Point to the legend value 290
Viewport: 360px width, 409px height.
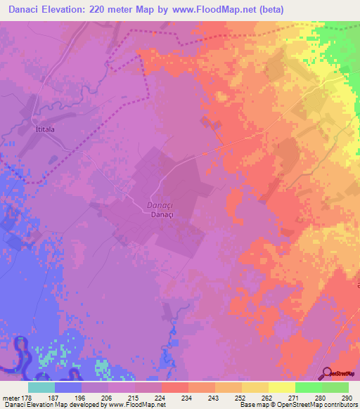[346, 398]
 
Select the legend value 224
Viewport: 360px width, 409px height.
[161, 398]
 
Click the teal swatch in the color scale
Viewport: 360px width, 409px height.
[41, 387]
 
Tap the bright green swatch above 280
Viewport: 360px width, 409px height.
[308, 387]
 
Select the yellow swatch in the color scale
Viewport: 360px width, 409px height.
[281, 387]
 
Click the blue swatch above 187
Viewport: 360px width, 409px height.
[68, 387]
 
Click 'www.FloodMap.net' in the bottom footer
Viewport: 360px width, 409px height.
[136, 405]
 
